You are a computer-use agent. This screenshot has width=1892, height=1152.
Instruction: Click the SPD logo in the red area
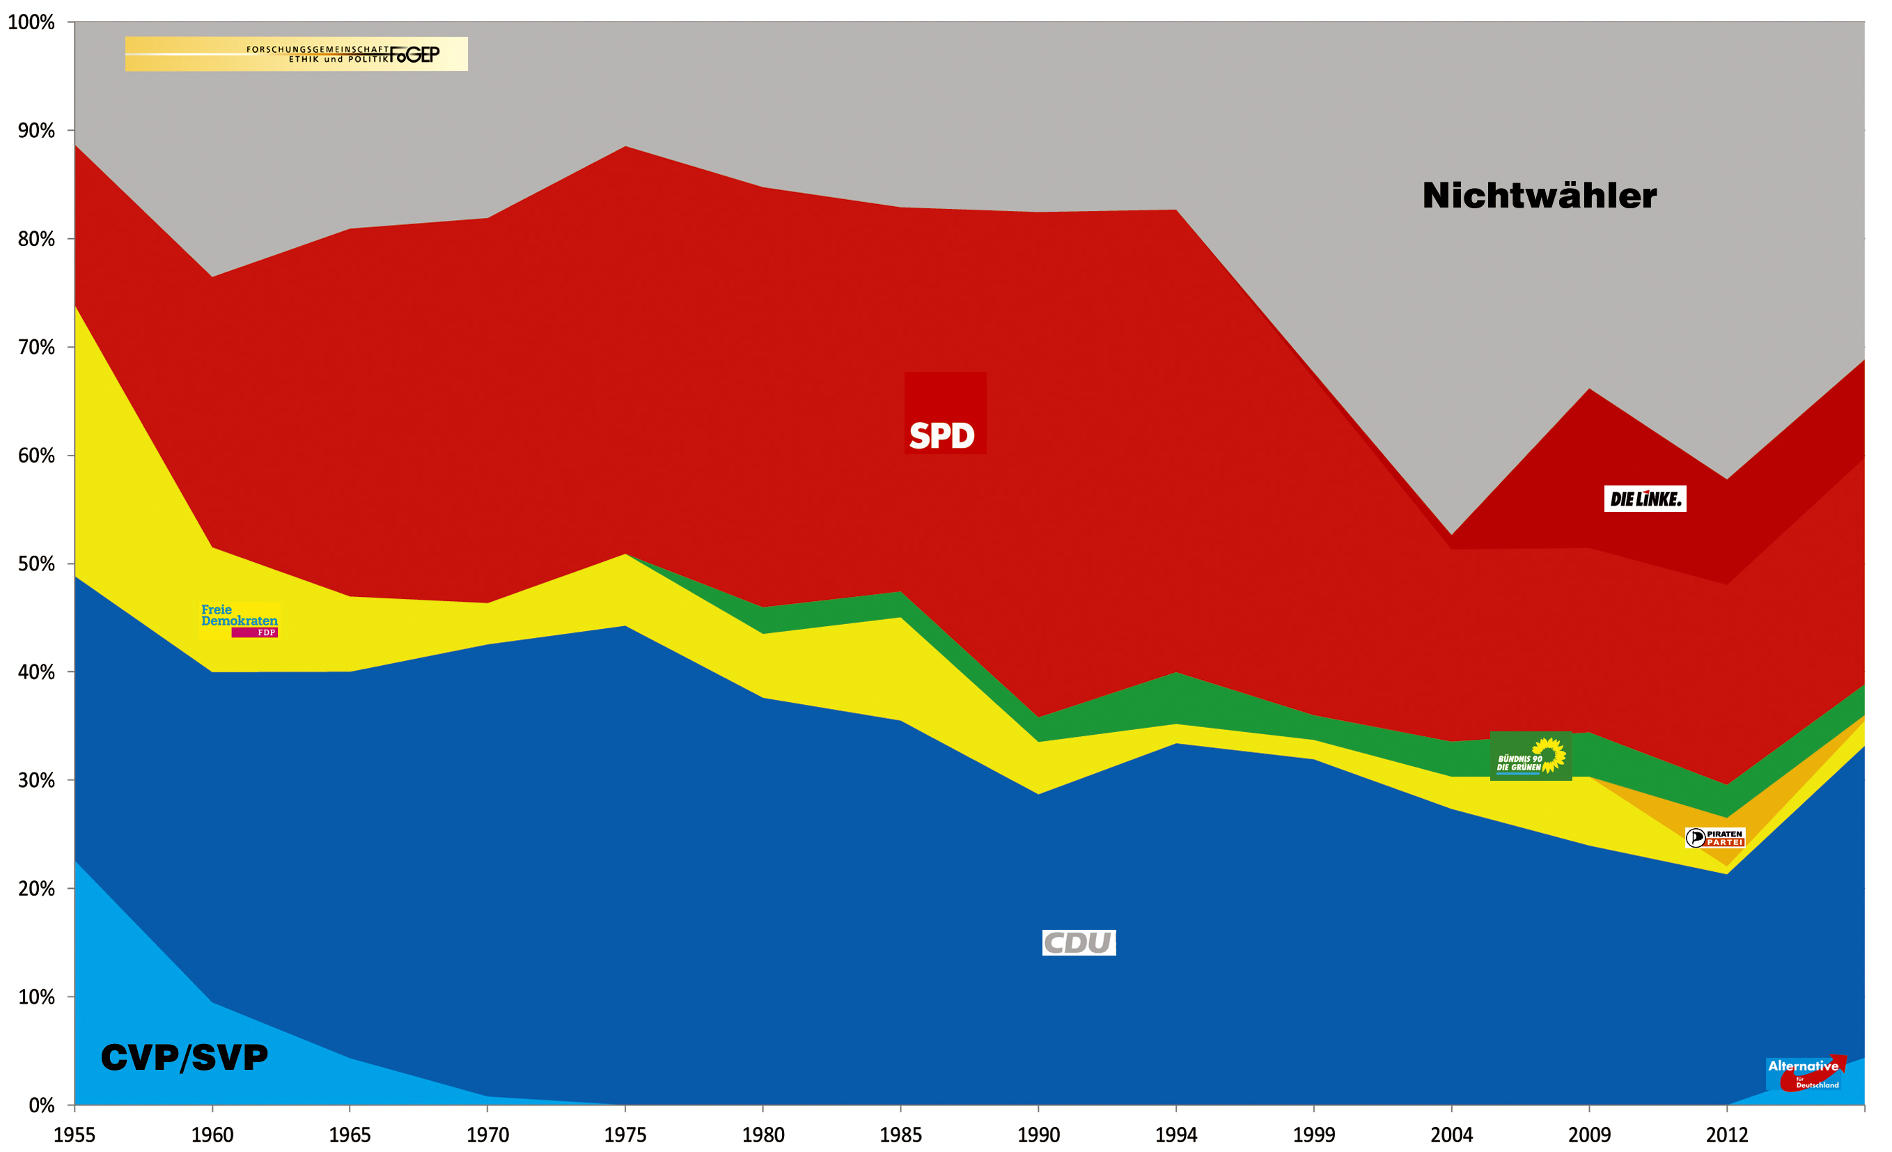coord(944,414)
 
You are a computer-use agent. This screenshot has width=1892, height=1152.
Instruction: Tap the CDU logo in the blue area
coord(1078,942)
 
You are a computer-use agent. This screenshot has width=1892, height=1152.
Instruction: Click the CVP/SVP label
coord(185,1057)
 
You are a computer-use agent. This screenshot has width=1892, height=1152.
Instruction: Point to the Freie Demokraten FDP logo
coord(239,621)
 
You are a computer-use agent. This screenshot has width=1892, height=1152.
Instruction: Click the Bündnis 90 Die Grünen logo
coord(1531,756)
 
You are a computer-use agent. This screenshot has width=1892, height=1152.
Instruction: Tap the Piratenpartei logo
coord(1714,838)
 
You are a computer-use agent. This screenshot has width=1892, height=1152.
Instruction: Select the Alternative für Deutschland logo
coord(1805,1073)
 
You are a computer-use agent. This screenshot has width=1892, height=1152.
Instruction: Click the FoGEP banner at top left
coord(297,54)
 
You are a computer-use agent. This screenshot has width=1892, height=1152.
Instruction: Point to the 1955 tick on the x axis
coord(75,1135)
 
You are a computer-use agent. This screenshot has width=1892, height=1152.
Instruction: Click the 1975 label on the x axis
coord(625,1135)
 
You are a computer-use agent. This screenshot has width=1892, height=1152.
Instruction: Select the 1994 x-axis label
coord(1175,1135)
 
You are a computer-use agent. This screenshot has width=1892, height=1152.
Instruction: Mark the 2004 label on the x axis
coord(1451,1135)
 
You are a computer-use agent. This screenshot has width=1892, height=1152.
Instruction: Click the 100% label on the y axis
coord(31,22)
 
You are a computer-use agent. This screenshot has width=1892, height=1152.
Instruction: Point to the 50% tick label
coord(36,563)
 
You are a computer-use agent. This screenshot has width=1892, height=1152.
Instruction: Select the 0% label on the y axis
coord(42,1105)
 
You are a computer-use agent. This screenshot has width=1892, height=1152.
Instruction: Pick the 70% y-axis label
coord(36,347)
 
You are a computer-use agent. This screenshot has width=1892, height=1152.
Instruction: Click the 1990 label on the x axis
coord(1038,1135)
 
